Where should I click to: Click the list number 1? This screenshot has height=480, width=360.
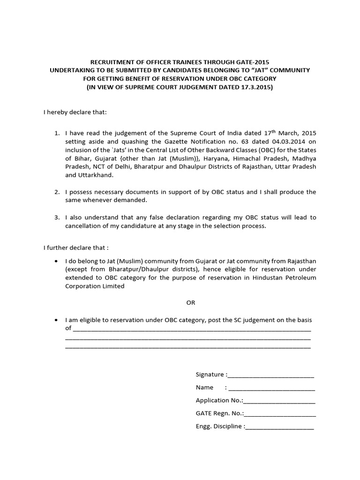[x=57, y=134]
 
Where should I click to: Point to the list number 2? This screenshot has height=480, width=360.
[x=57, y=192]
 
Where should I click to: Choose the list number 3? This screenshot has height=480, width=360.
[x=57, y=217]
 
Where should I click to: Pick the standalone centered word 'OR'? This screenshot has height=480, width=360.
[x=190, y=303]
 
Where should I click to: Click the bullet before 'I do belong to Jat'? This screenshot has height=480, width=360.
[x=57, y=261]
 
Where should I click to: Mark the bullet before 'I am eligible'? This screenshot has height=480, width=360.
[x=57, y=320]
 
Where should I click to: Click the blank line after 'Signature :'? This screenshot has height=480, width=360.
[x=270, y=375]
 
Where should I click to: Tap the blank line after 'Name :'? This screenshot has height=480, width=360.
[x=271, y=388]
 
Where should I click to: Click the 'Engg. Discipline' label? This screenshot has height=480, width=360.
[x=219, y=427]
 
